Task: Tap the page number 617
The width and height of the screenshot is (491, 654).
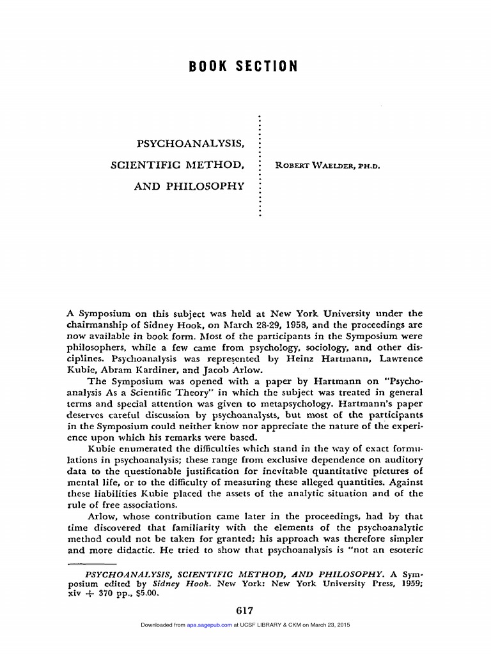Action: pyautogui.click(x=245, y=611)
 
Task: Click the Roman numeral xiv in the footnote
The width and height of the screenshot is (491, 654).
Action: pyautogui.click(x=75, y=592)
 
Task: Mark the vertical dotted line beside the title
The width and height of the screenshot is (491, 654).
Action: pyautogui.click(x=259, y=166)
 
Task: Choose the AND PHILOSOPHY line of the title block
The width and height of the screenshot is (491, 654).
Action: pyautogui.click(x=189, y=186)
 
